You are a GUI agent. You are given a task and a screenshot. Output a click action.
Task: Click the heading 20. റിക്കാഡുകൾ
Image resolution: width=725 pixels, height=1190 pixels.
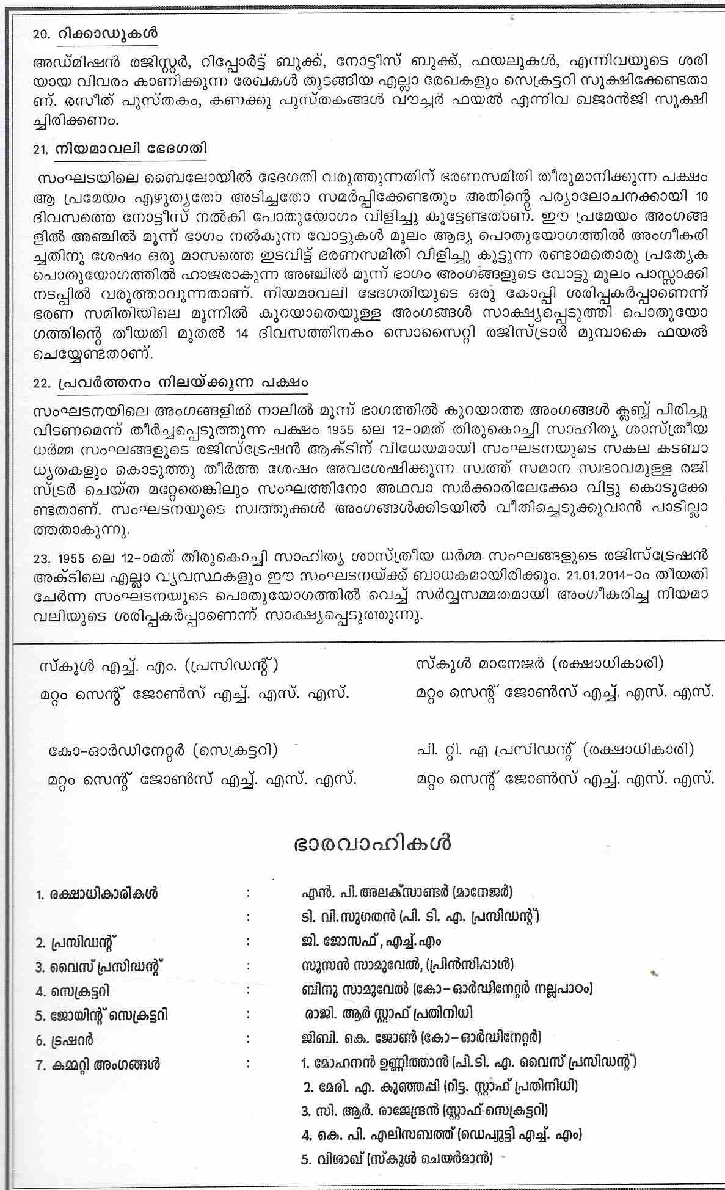pyautogui.click(x=95, y=35)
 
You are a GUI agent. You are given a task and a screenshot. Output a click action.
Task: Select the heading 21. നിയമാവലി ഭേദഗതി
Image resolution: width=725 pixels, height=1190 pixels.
pyautogui.click(x=121, y=149)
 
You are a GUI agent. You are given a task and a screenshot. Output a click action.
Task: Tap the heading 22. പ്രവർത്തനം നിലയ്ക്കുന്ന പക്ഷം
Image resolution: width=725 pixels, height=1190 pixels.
pyautogui.click(x=171, y=383)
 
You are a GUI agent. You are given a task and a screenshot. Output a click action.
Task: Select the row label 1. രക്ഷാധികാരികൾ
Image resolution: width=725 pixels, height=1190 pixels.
pyautogui.click(x=97, y=893)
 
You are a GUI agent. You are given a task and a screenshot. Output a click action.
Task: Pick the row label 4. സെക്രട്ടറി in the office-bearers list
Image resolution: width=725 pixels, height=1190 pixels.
pyautogui.click(x=73, y=991)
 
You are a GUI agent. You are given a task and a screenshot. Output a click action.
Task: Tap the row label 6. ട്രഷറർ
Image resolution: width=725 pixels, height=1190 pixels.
pyautogui.click(x=65, y=1040)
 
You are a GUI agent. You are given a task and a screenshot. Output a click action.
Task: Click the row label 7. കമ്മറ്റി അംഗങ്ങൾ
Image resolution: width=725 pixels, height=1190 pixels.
pyautogui.click(x=98, y=1064)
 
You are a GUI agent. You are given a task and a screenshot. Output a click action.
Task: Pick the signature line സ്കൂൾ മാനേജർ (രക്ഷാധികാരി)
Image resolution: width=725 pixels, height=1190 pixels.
pyautogui.click(x=539, y=663)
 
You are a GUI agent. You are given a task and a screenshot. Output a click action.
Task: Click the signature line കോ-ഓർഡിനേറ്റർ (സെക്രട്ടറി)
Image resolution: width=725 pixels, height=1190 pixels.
pyautogui.click(x=164, y=750)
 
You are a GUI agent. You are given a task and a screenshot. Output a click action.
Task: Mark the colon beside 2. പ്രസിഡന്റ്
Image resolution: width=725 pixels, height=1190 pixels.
pyautogui.click(x=249, y=941)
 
